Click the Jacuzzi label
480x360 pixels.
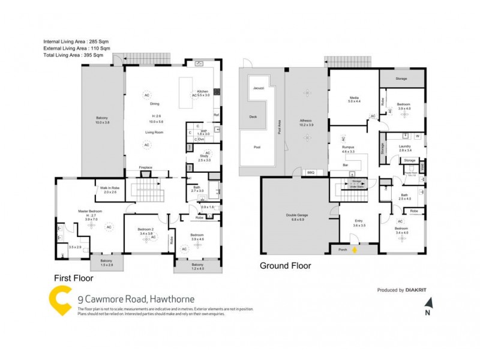click(x=258, y=88)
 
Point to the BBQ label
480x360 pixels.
click(x=311, y=173)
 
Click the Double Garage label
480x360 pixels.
click(x=294, y=217)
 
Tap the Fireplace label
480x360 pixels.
click(x=145, y=167)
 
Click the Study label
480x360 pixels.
click(x=205, y=157)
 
